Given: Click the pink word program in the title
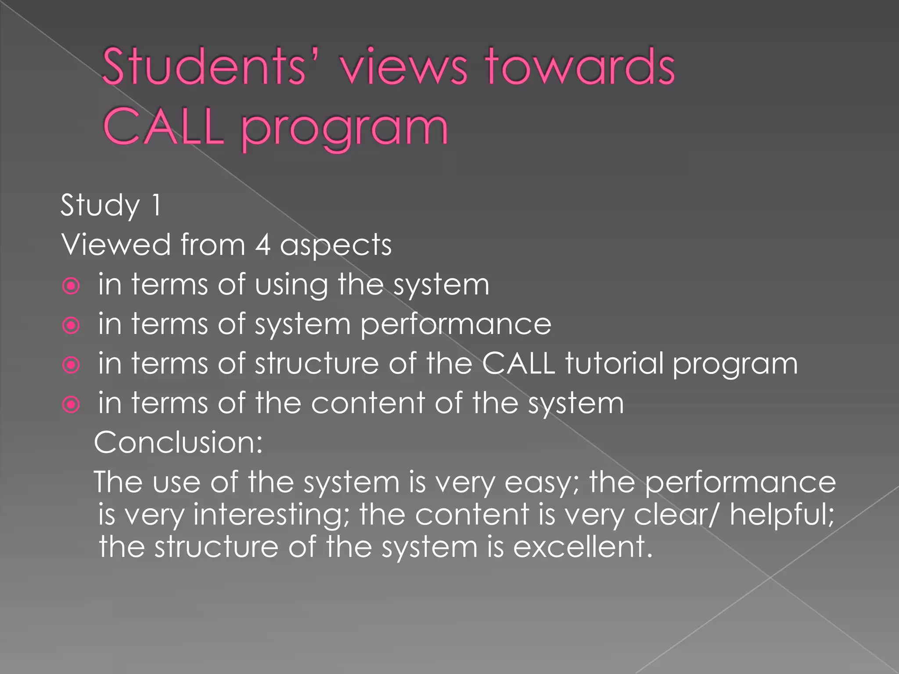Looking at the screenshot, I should pyautogui.click(x=345, y=129).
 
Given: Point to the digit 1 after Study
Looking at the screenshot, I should pyautogui.click(x=156, y=205).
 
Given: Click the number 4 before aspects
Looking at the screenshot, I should pyautogui.click(x=263, y=244).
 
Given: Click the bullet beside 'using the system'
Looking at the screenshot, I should pyautogui.click(x=71, y=286).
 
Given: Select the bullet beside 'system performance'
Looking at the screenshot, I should pyautogui.click(x=71, y=326).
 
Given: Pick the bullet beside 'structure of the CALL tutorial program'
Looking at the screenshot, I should pyautogui.click(x=71, y=365).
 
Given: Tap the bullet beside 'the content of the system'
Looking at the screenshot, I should pyautogui.click(x=71, y=405).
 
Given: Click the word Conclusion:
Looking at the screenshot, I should pyautogui.click(x=178, y=442).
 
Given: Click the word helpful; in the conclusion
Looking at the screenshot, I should pyautogui.click(x=782, y=515).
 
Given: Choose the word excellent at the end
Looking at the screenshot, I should pyautogui.click(x=582, y=547).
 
